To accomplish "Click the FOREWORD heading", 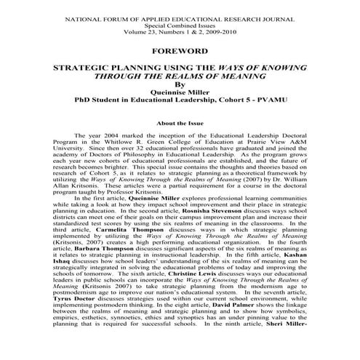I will click(180, 51).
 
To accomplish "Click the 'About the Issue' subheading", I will click(180, 124).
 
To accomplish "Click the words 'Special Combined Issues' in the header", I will click(180, 23).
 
